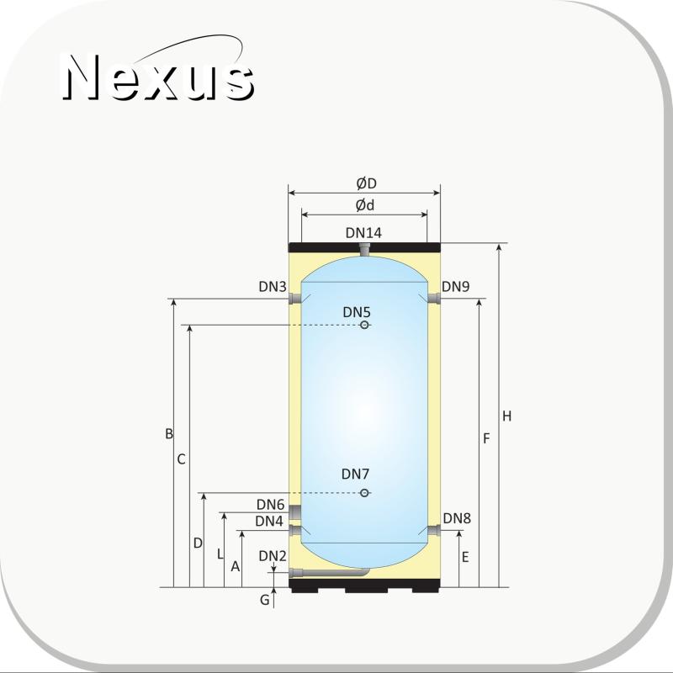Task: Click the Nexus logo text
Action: coord(158,77)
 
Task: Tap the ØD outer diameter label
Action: coord(366,183)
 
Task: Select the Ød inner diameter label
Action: coord(365,205)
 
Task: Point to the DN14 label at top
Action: coord(363,233)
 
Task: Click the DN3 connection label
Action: coord(272,287)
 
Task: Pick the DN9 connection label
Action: coord(455,286)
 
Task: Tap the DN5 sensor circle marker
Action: coord(364,325)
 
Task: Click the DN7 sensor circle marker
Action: coord(364,493)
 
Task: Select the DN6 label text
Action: coord(270,504)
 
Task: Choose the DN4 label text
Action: coord(269,521)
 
